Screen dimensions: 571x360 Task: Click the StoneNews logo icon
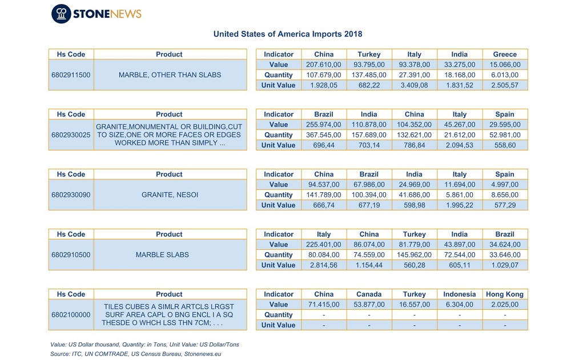point(61,14)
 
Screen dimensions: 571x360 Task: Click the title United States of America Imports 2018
point(288,34)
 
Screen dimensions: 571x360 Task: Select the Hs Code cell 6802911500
point(71,75)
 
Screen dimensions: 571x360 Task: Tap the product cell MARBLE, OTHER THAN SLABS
point(170,75)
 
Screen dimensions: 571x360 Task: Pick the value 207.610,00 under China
point(324,65)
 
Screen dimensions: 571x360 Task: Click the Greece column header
point(505,54)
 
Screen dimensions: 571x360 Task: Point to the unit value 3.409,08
point(414,85)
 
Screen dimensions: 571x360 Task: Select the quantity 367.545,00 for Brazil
point(324,135)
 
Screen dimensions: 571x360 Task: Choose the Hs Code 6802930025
point(71,135)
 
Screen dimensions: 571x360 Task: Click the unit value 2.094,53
point(460,145)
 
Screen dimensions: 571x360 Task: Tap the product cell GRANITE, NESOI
point(170,195)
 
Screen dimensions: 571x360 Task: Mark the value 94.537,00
point(324,184)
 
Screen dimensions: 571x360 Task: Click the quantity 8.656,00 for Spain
point(505,195)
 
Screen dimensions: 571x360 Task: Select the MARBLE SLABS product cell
point(162,255)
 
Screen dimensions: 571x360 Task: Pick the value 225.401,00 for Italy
point(324,245)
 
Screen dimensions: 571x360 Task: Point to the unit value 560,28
point(415,265)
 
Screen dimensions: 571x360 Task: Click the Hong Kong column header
point(505,294)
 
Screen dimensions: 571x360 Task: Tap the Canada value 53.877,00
point(369,304)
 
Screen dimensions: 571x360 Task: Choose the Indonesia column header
point(460,294)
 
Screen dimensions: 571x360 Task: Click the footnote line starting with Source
point(136,354)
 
